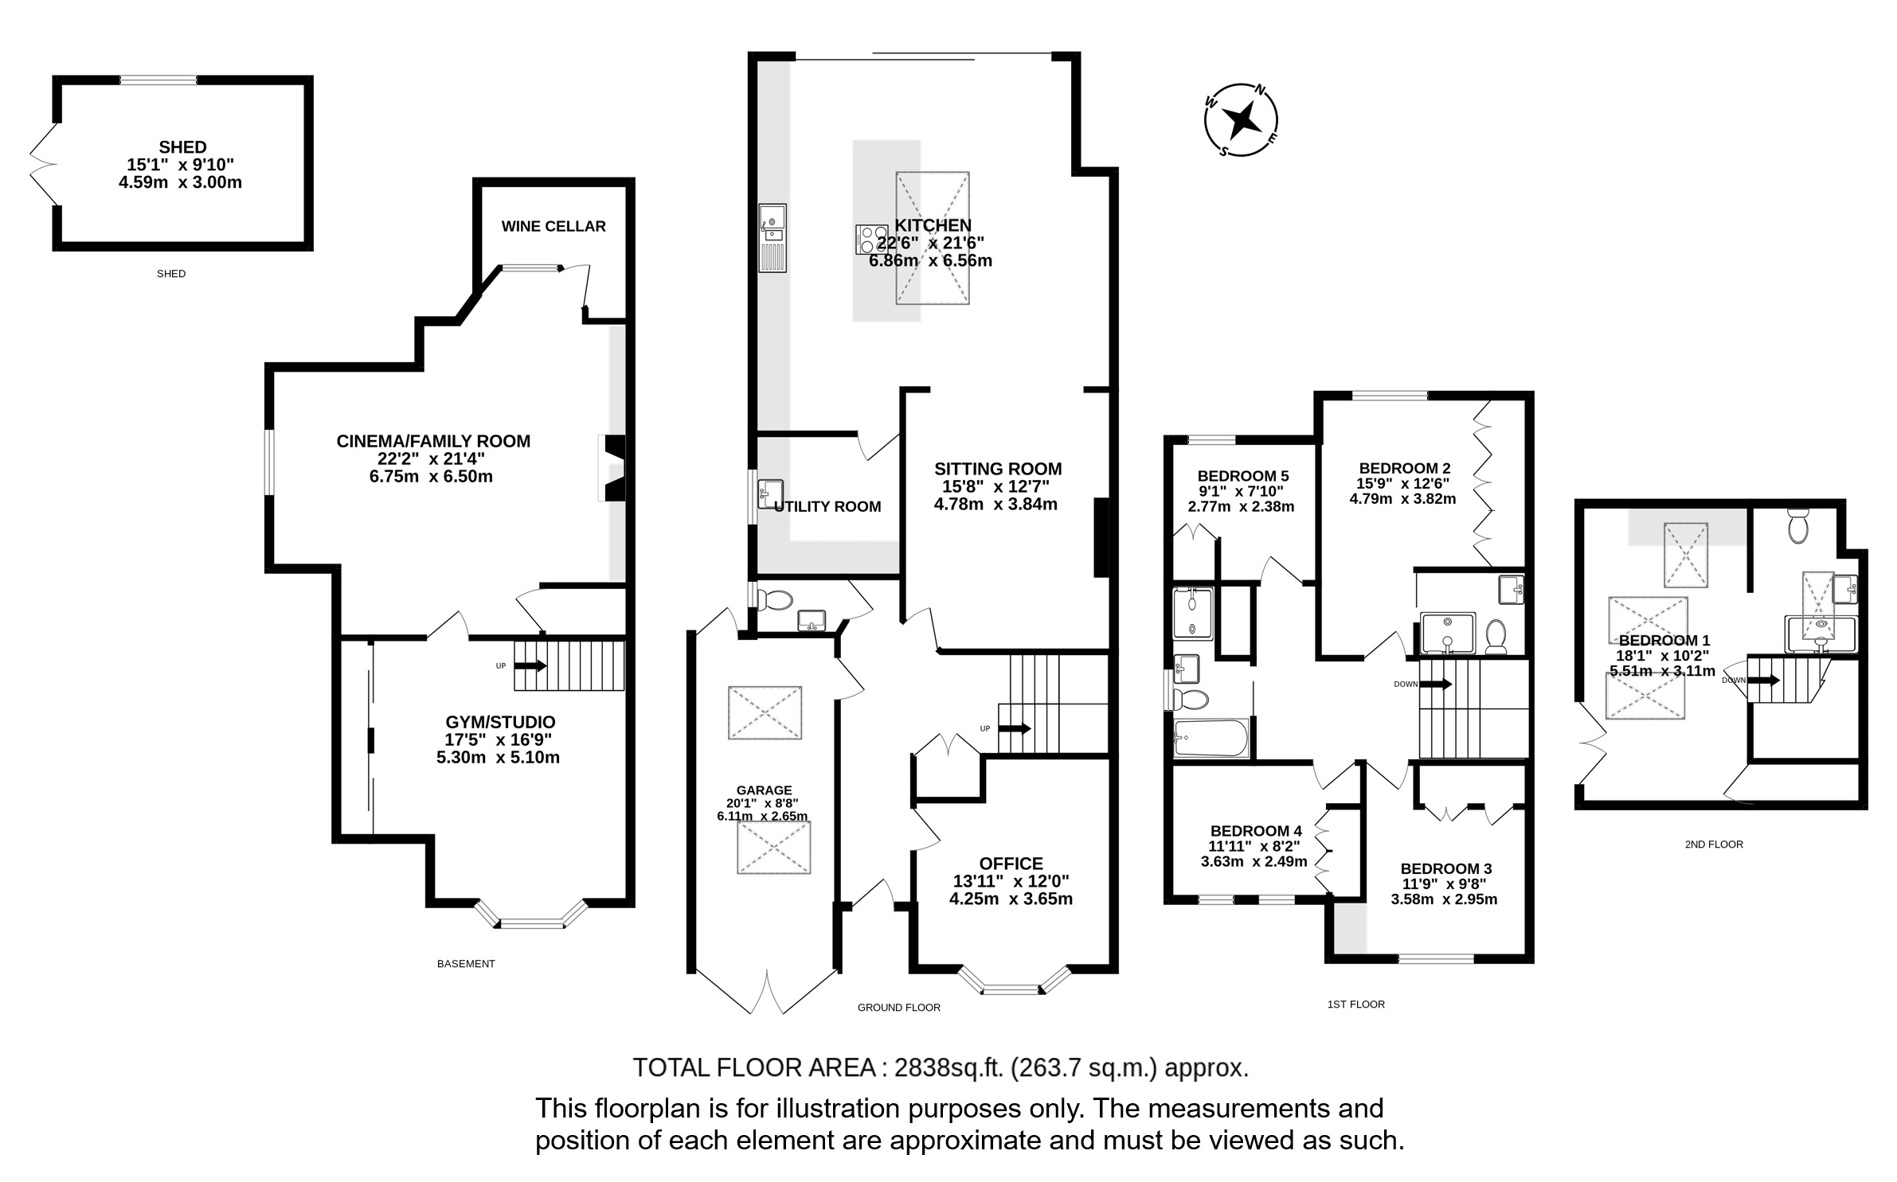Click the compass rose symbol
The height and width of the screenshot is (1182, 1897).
tap(1240, 120)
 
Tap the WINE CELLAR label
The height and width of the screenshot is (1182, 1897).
tap(553, 226)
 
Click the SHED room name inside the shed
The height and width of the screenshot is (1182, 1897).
tap(182, 147)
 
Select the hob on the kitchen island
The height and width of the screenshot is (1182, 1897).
tap(866, 240)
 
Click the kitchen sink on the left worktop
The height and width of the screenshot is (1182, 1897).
tap(772, 237)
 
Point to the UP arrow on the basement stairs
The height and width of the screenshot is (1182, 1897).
tap(531, 666)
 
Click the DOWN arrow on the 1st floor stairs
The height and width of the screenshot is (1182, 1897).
tap(1436, 684)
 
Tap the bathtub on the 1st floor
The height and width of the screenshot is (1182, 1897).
tap(1211, 738)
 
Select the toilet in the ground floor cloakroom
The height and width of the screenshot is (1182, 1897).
tap(772, 599)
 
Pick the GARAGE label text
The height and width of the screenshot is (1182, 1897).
tap(764, 790)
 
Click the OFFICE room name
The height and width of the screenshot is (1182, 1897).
tap(1011, 864)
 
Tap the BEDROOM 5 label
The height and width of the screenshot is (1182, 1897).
tap(1242, 476)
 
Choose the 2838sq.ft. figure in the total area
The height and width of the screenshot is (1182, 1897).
tap(948, 1067)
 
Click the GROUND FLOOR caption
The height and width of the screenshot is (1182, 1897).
tap(898, 1008)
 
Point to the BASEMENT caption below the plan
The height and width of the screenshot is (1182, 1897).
tap(466, 964)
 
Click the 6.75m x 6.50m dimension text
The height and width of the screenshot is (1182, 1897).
tap(430, 477)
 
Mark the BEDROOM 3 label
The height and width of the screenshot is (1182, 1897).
tap(1446, 868)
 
